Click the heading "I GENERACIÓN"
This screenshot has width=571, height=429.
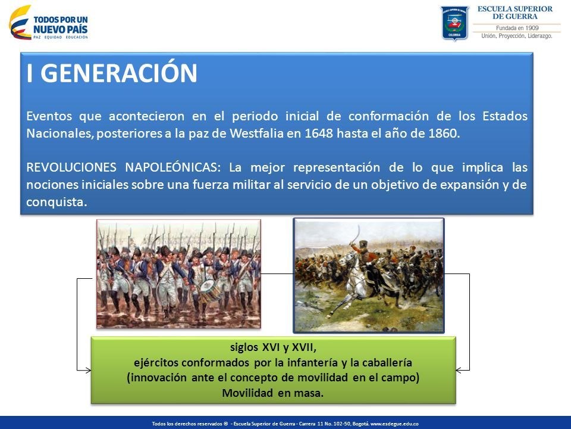(x=112, y=73)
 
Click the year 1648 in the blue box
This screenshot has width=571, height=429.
(x=319, y=133)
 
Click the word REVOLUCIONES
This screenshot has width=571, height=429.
(x=71, y=167)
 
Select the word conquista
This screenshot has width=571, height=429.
(x=57, y=202)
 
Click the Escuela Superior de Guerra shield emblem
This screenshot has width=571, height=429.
(x=454, y=23)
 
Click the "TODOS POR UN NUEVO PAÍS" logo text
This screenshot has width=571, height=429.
(x=61, y=25)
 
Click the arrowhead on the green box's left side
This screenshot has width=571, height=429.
(x=87, y=370)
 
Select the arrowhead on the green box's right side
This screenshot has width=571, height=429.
(x=460, y=370)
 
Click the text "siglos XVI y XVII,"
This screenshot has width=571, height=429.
(x=273, y=347)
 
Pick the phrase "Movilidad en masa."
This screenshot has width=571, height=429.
(x=273, y=393)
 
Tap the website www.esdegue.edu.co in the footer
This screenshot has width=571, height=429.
(x=394, y=424)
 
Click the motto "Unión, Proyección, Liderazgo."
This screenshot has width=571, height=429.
(x=517, y=36)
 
